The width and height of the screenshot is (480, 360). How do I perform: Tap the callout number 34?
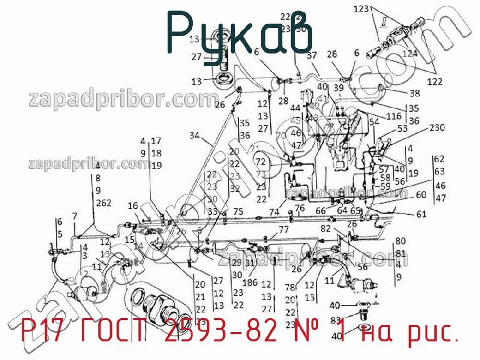(x=195, y=135)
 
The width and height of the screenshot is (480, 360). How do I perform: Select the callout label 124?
(x=410, y=53)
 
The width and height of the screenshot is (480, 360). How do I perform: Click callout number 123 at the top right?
(x=361, y=9)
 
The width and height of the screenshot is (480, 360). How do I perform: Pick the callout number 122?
(x=434, y=82)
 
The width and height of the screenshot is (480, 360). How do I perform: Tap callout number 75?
(x=238, y=211)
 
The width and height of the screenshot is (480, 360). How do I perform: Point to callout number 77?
(x=284, y=229)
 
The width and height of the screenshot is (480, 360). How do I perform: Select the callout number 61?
(x=421, y=214)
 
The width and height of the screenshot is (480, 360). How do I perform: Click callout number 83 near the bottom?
(x=336, y=320)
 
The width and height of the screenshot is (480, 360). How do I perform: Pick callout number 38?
(x=414, y=93)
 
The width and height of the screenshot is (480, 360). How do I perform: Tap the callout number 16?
(x=133, y=206)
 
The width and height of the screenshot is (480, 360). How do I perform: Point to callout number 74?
(x=275, y=212)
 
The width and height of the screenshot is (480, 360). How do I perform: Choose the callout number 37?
(x=312, y=55)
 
